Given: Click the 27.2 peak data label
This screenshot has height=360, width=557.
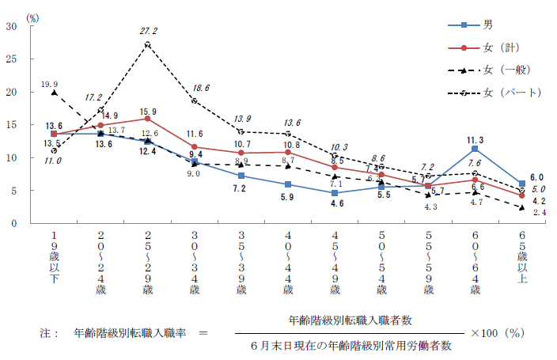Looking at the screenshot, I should (x=148, y=31).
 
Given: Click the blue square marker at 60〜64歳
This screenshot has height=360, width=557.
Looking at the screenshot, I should (x=475, y=149).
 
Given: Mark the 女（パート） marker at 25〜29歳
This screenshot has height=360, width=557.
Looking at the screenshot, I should (x=148, y=44).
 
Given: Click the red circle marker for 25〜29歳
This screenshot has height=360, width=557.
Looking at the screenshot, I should (x=148, y=119).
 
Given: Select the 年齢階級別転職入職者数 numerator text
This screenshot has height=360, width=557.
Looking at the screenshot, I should (x=350, y=320).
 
